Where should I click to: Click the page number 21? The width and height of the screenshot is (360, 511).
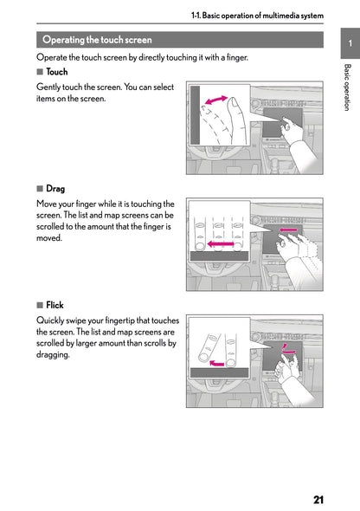(319, 500)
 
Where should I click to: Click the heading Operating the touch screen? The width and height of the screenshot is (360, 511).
(97, 40)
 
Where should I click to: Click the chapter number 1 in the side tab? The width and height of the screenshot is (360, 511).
(348, 43)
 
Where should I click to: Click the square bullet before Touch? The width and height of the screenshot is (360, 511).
(40, 72)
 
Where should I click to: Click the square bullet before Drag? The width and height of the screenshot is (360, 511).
(40, 188)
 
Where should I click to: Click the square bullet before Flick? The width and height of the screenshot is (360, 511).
(40, 305)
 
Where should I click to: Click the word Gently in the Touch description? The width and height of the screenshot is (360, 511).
(49, 87)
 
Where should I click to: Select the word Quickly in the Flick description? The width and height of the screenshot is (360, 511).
(51, 320)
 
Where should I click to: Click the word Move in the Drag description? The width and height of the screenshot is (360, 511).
(48, 204)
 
